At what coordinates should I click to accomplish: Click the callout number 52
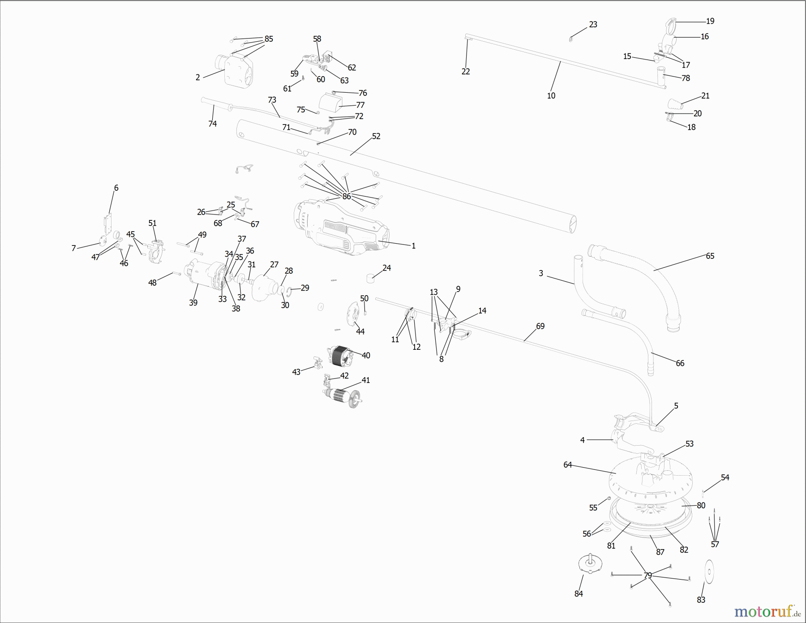pyautogui.click(x=376, y=136)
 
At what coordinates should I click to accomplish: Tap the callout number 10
pyautogui.click(x=551, y=95)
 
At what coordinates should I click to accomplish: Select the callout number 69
pyautogui.click(x=540, y=326)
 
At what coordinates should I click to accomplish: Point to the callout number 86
pyautogui.click(x=347, y=196)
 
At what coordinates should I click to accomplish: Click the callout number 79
pyautogui.click(x=648, y=576)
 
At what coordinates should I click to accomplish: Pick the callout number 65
pyautogui.click(x=710, y=256)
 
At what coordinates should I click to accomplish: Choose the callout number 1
pyautogui.click(x=414, y=246)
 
